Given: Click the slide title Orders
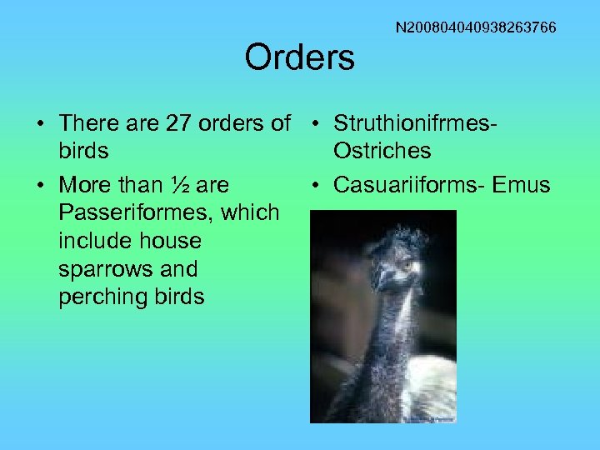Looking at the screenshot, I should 299,57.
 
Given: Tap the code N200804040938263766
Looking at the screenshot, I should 476,28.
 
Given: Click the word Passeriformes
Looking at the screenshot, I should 136,212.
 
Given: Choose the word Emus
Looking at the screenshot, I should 522,184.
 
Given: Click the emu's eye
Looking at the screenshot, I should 407,266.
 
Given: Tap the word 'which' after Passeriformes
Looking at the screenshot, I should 250,212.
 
